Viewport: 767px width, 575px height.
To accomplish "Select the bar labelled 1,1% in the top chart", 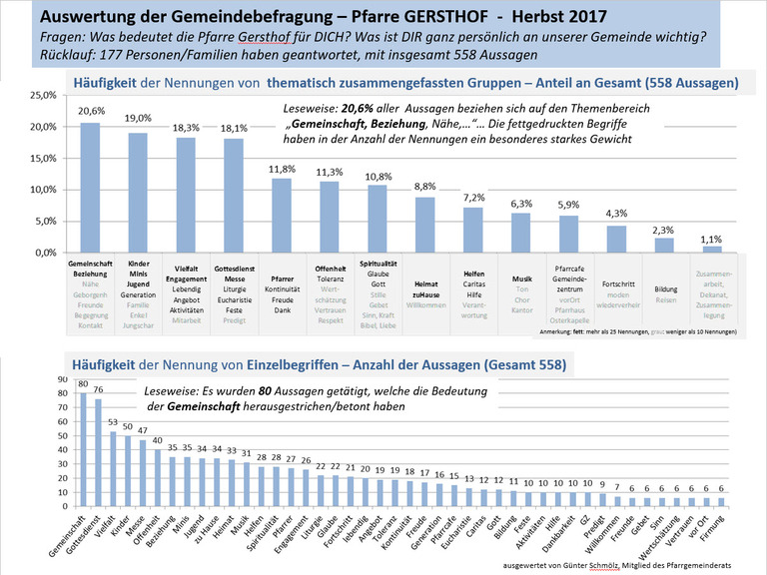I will point(711,249).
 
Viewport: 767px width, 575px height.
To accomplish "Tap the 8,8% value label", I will point(426,187).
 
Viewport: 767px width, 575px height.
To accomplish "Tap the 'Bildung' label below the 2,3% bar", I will point(665,285).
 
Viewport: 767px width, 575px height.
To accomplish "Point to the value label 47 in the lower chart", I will point(143,430).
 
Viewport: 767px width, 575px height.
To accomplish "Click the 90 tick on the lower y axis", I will point(62,379).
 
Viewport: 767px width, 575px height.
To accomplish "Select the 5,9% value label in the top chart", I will point(569,206).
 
